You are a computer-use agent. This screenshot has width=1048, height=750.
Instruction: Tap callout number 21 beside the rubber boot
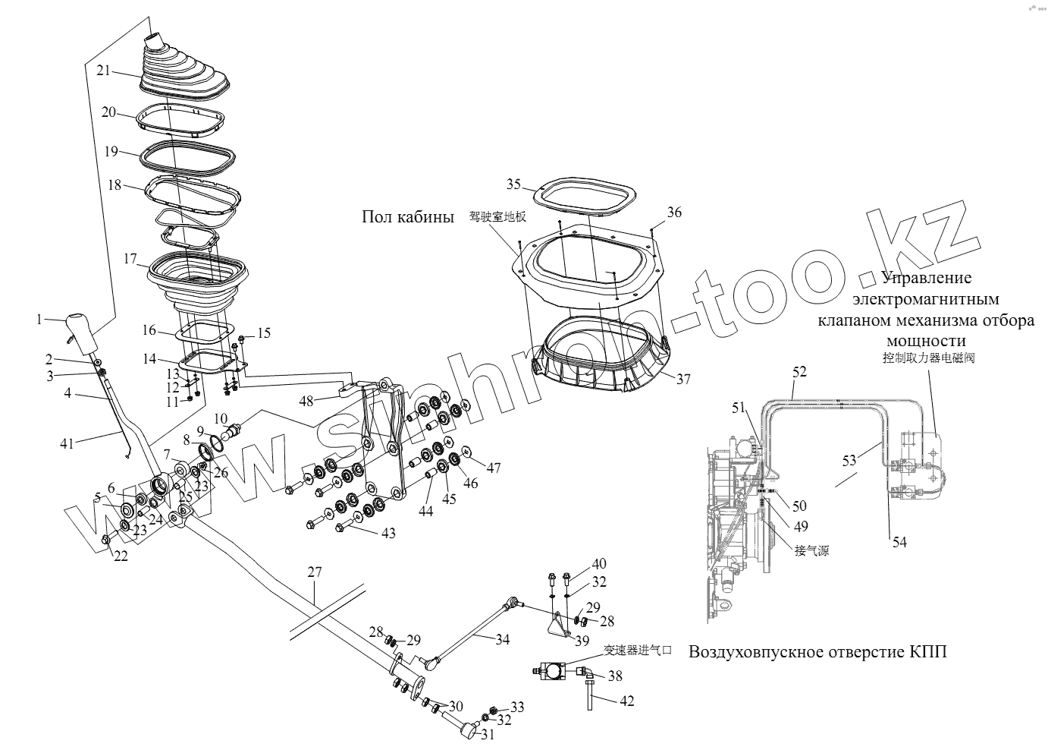pyautogui.click(x=103, y=71)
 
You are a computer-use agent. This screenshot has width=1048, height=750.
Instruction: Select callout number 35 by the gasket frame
pyautogui.click(x=514, y=184)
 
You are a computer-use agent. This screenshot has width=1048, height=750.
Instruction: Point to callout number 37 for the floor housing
pyautogui.click(x=684, y=380)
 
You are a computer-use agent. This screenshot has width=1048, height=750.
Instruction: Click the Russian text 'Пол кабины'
pyautogui.click(x=408, y=217)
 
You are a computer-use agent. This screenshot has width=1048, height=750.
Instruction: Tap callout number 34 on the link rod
pyautogui.click(x=502, y=639)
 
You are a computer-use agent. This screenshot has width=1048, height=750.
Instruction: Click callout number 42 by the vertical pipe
pyautogui.click(x=626, y=701)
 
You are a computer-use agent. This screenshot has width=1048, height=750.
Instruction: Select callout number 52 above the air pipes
pyautogui.click(x=799, y=372)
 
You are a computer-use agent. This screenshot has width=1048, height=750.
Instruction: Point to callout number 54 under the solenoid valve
pyautogui.click(x=899, y=542)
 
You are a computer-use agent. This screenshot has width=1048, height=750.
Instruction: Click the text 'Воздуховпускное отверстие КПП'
pyautogui.click(x=817, y=653)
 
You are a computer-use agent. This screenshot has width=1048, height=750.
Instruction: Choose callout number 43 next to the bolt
pyautogui.click(x=388, y=534)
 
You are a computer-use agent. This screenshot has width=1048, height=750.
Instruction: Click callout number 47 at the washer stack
pyautogui.click(x=494, y=468)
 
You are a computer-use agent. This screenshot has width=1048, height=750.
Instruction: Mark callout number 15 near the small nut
pyautogui.click(x=263, y=332)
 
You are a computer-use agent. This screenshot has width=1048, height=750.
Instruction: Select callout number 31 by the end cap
pyautogui.click(x=487, y=735)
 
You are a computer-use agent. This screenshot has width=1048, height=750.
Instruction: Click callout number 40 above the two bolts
pyautogui.click(x=599, y=564)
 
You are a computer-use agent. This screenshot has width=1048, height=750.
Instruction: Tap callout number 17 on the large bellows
pyautogui.click(x=130, y=259)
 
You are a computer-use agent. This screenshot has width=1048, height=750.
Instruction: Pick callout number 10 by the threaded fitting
pyautogui.click(x=220, y=418)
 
